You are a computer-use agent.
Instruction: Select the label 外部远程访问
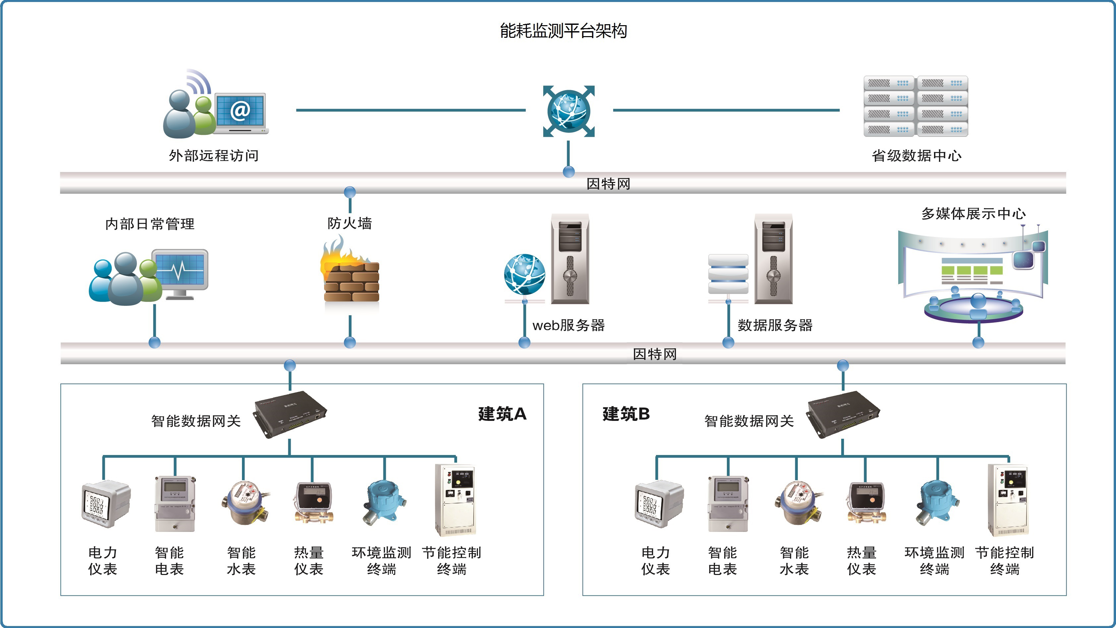click(x=213, y=155)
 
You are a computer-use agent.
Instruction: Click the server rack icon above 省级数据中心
click(x=915, y=106)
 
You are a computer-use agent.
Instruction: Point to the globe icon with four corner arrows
click(x=568, y=111)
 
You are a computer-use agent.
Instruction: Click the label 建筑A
click(x=502, y=414)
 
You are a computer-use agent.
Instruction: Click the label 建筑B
click(x=625, y=414)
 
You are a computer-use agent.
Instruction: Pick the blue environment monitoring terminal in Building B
click(x=937, y=502)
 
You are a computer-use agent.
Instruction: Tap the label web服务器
click(x=568, y=325)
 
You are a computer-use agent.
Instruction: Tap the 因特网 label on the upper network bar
click(x=608, y=184)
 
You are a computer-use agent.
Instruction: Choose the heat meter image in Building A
click(x=313, y=502)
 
